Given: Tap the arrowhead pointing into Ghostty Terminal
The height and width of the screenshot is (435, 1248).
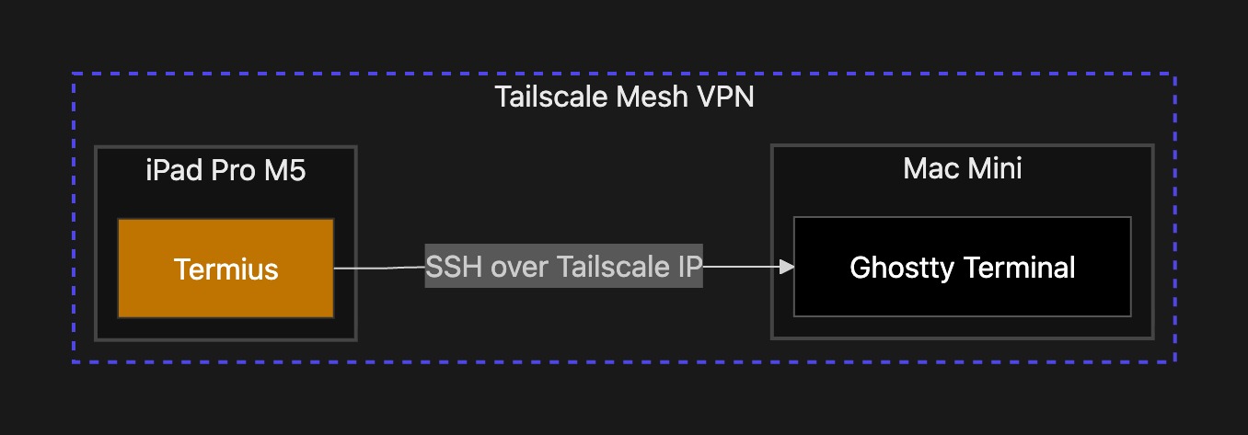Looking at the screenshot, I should pos(786,267).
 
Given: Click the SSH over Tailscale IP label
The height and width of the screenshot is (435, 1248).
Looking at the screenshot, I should pos(563,267).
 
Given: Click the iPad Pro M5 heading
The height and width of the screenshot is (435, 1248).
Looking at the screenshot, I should pos(225,170).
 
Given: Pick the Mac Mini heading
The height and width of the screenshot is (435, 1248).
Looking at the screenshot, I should pos(962,168).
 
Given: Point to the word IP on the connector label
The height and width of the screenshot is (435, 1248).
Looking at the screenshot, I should pos(690,267).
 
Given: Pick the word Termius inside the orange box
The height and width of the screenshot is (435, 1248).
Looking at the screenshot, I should pos(225,269).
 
